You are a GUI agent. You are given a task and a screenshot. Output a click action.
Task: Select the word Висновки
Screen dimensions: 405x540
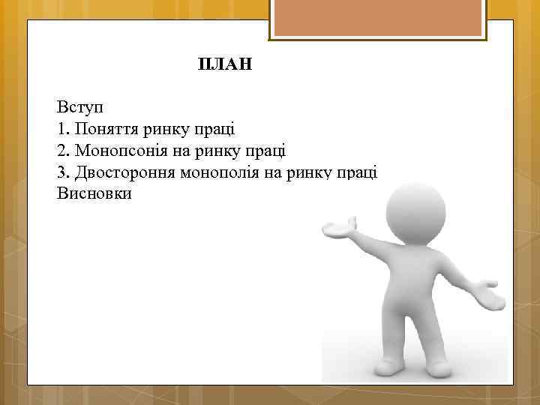94,194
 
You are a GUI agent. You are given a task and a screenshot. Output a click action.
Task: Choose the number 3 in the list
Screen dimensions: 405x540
61,172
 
